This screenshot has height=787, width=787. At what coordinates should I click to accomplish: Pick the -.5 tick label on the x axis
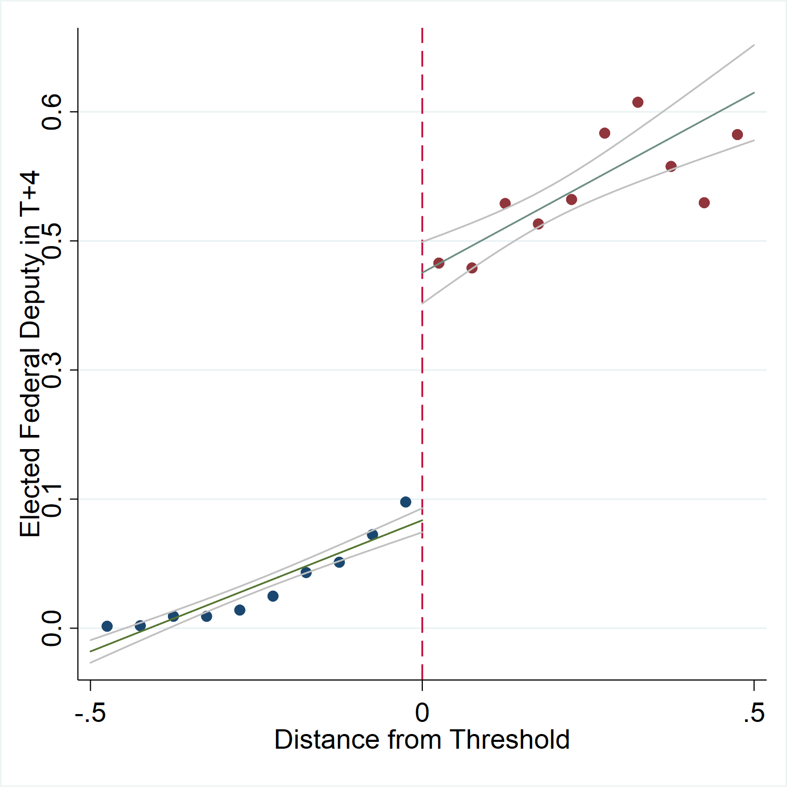pos(90,712)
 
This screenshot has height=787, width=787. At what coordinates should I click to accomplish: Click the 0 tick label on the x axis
pos(422,712)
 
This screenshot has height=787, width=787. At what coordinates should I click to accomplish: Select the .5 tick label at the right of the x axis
pos(754,712)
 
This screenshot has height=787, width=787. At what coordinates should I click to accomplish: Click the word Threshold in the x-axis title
pos(509,740)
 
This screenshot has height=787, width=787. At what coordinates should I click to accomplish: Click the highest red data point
pos(638,102)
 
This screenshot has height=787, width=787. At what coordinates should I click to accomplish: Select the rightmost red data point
pos(737,135)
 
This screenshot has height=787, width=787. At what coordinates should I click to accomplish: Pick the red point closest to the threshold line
pos(439,263)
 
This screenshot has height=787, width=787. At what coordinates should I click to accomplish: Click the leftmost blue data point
pos(107,626)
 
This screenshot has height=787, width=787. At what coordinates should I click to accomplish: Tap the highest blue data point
pos(406,502)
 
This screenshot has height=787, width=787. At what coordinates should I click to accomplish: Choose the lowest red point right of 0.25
pos(704,203)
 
